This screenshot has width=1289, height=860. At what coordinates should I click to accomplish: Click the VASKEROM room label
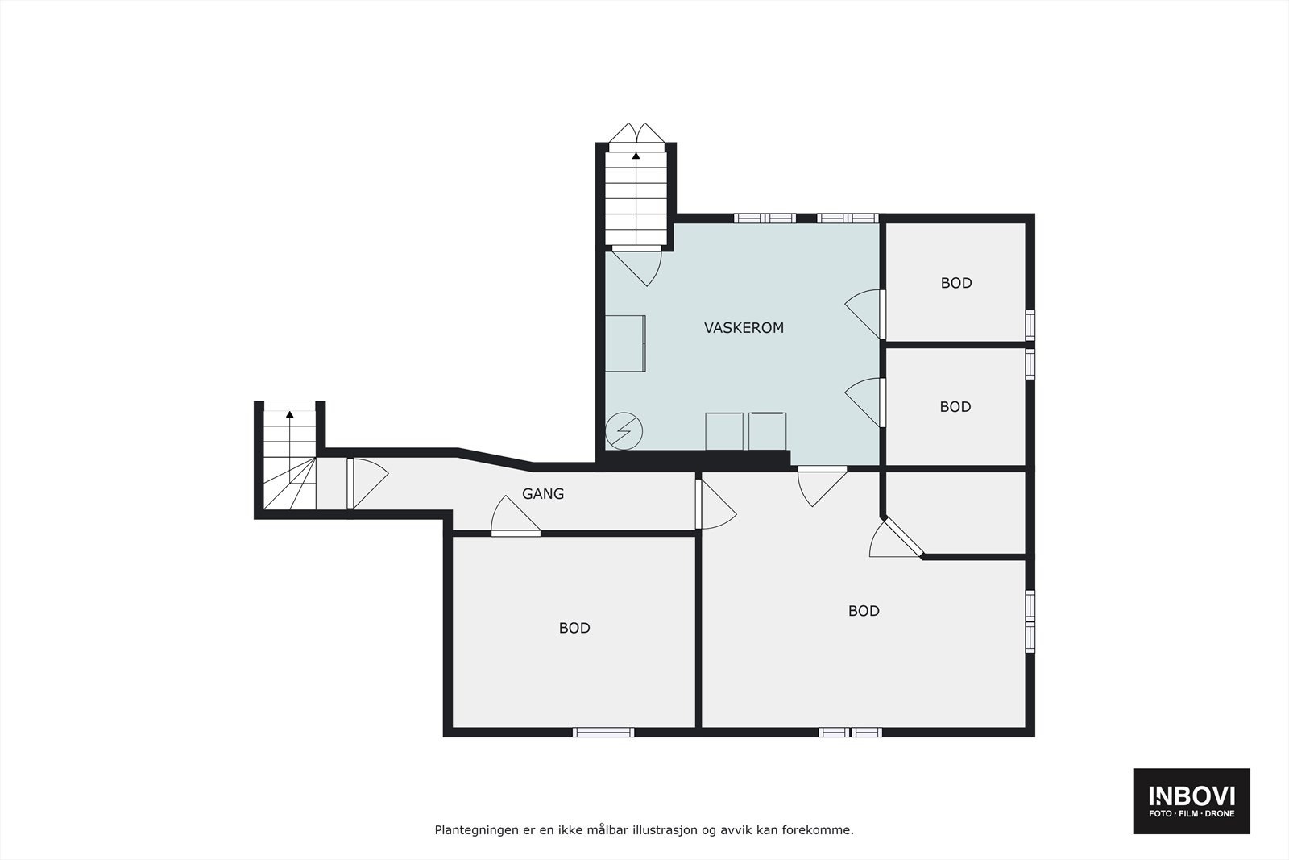point(744,328)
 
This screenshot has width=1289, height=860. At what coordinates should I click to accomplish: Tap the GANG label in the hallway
point(543,494)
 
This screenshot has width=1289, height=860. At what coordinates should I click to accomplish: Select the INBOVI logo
point(1192,796)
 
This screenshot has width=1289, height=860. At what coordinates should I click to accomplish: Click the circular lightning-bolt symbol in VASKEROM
point(624,431)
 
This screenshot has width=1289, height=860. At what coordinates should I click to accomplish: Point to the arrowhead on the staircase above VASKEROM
point(636,155)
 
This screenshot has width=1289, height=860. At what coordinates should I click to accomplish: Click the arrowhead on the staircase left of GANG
point(290,414)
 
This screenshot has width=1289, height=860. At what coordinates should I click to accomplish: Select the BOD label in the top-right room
point(956,283)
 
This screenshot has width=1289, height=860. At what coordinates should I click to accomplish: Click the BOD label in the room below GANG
point(574,628)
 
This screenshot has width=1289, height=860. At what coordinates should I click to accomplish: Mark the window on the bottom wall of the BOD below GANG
point(603,733)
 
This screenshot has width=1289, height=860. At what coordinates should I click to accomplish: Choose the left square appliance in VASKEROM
point(724,431)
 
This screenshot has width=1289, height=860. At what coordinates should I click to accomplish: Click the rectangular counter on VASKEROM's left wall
point(625,343)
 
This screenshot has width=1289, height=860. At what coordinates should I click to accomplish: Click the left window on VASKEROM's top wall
point(765,218)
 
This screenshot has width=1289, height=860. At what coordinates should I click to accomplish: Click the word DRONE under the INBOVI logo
point(1218,814)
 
